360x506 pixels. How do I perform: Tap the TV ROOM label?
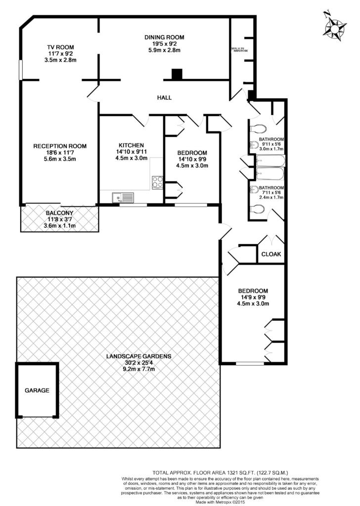60,47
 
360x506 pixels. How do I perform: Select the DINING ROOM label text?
164,37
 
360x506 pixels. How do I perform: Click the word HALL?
164,97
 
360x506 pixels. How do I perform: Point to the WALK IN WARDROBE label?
239,49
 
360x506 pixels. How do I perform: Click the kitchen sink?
123,197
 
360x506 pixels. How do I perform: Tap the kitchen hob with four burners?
158,182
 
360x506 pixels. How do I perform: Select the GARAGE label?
37,390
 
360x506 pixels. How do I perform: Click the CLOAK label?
271,254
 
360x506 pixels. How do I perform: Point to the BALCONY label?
59,213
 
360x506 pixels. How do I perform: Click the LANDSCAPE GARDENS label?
139,356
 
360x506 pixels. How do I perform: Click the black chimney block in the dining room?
177,75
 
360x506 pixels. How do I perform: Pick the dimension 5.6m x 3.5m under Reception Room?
60,159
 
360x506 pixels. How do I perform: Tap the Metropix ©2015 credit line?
221,502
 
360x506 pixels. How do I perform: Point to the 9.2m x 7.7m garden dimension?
139,369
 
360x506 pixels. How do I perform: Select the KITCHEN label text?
131,145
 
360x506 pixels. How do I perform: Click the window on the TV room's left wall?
20,70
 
